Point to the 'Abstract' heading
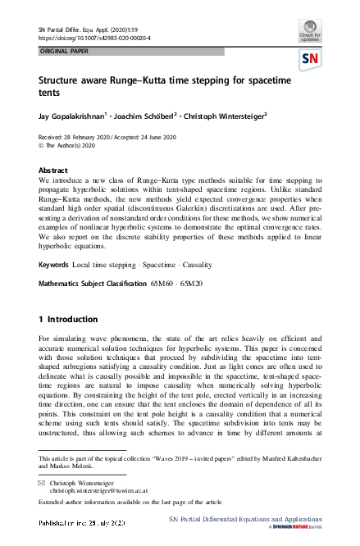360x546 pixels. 54,171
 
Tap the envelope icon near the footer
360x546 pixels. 42,483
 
